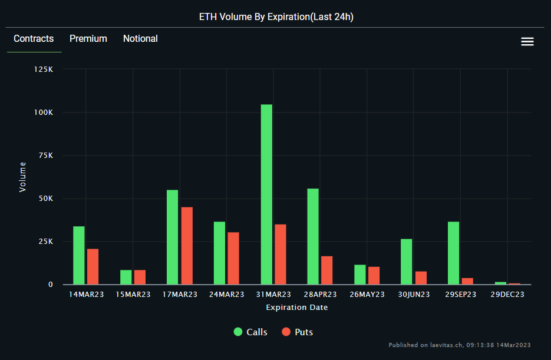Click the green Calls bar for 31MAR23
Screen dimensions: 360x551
click(266, 194)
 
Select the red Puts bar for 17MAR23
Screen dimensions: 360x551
click(187, 246)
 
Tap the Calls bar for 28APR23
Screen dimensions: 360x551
click(313, 236)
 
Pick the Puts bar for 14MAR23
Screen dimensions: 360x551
click(93, 266)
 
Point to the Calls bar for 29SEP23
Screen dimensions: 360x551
click(453, 253)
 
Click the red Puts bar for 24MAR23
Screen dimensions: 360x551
click(233, 258)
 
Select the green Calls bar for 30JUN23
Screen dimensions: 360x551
click(407, 262)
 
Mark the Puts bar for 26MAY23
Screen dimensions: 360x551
click(374, 275)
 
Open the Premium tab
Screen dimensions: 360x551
click(88, 39)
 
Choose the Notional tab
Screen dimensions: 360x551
click(140, 39)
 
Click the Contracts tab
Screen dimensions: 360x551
click(34, 39)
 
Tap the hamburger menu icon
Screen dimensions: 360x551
click(527, 41)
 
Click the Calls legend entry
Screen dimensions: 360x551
click(250, 332)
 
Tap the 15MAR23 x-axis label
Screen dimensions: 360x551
click(133, 295)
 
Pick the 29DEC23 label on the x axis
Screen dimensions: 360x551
click(507, 295)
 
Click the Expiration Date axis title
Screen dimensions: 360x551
click(297, 308)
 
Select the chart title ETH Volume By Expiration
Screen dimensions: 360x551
click(276, 17)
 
